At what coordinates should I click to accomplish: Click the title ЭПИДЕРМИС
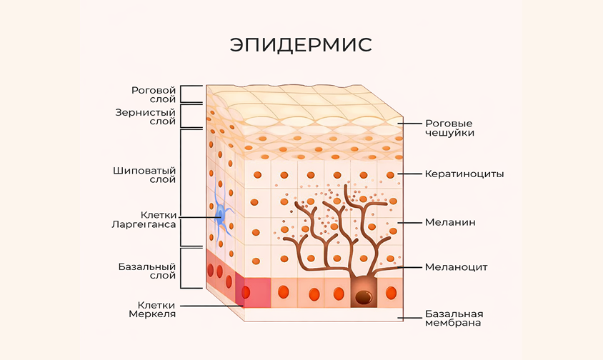[301, 44]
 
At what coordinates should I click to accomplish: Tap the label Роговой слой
[153, 95]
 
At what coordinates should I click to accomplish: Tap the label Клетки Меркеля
[152, 309]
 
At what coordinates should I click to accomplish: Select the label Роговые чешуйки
[449, 128]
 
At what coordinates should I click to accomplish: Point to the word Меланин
[450, 222]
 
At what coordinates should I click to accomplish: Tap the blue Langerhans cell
[221, 215]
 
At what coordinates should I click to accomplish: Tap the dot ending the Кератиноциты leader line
[399, 174]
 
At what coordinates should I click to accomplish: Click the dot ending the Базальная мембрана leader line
[399, 318]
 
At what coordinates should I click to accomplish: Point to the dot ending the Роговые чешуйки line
[399, 124]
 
